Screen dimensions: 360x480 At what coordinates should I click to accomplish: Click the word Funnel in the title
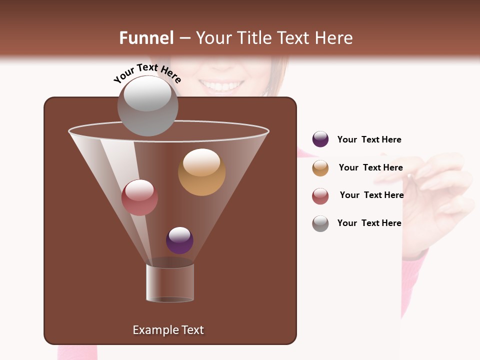146,38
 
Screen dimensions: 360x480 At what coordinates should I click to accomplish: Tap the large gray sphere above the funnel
147,106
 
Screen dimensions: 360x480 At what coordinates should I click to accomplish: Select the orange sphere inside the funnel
201,172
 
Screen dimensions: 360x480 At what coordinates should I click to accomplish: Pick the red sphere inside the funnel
139,197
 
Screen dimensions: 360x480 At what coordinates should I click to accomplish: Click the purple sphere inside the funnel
179,240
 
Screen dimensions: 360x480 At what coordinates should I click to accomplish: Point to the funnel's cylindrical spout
170,282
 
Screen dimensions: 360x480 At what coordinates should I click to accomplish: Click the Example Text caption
168,330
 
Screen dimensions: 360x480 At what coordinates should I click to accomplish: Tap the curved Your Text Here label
147,73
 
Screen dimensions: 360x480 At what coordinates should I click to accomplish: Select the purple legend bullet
320,139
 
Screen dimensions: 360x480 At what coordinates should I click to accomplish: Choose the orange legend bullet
320,168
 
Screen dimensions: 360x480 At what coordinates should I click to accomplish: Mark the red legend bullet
320,196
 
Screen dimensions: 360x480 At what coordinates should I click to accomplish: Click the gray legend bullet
320,223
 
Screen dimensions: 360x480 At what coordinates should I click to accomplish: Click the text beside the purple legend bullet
369,140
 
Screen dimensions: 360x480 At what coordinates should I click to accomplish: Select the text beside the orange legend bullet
370,167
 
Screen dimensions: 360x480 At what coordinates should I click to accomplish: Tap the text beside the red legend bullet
371,195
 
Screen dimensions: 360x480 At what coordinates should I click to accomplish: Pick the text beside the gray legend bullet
369,223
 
